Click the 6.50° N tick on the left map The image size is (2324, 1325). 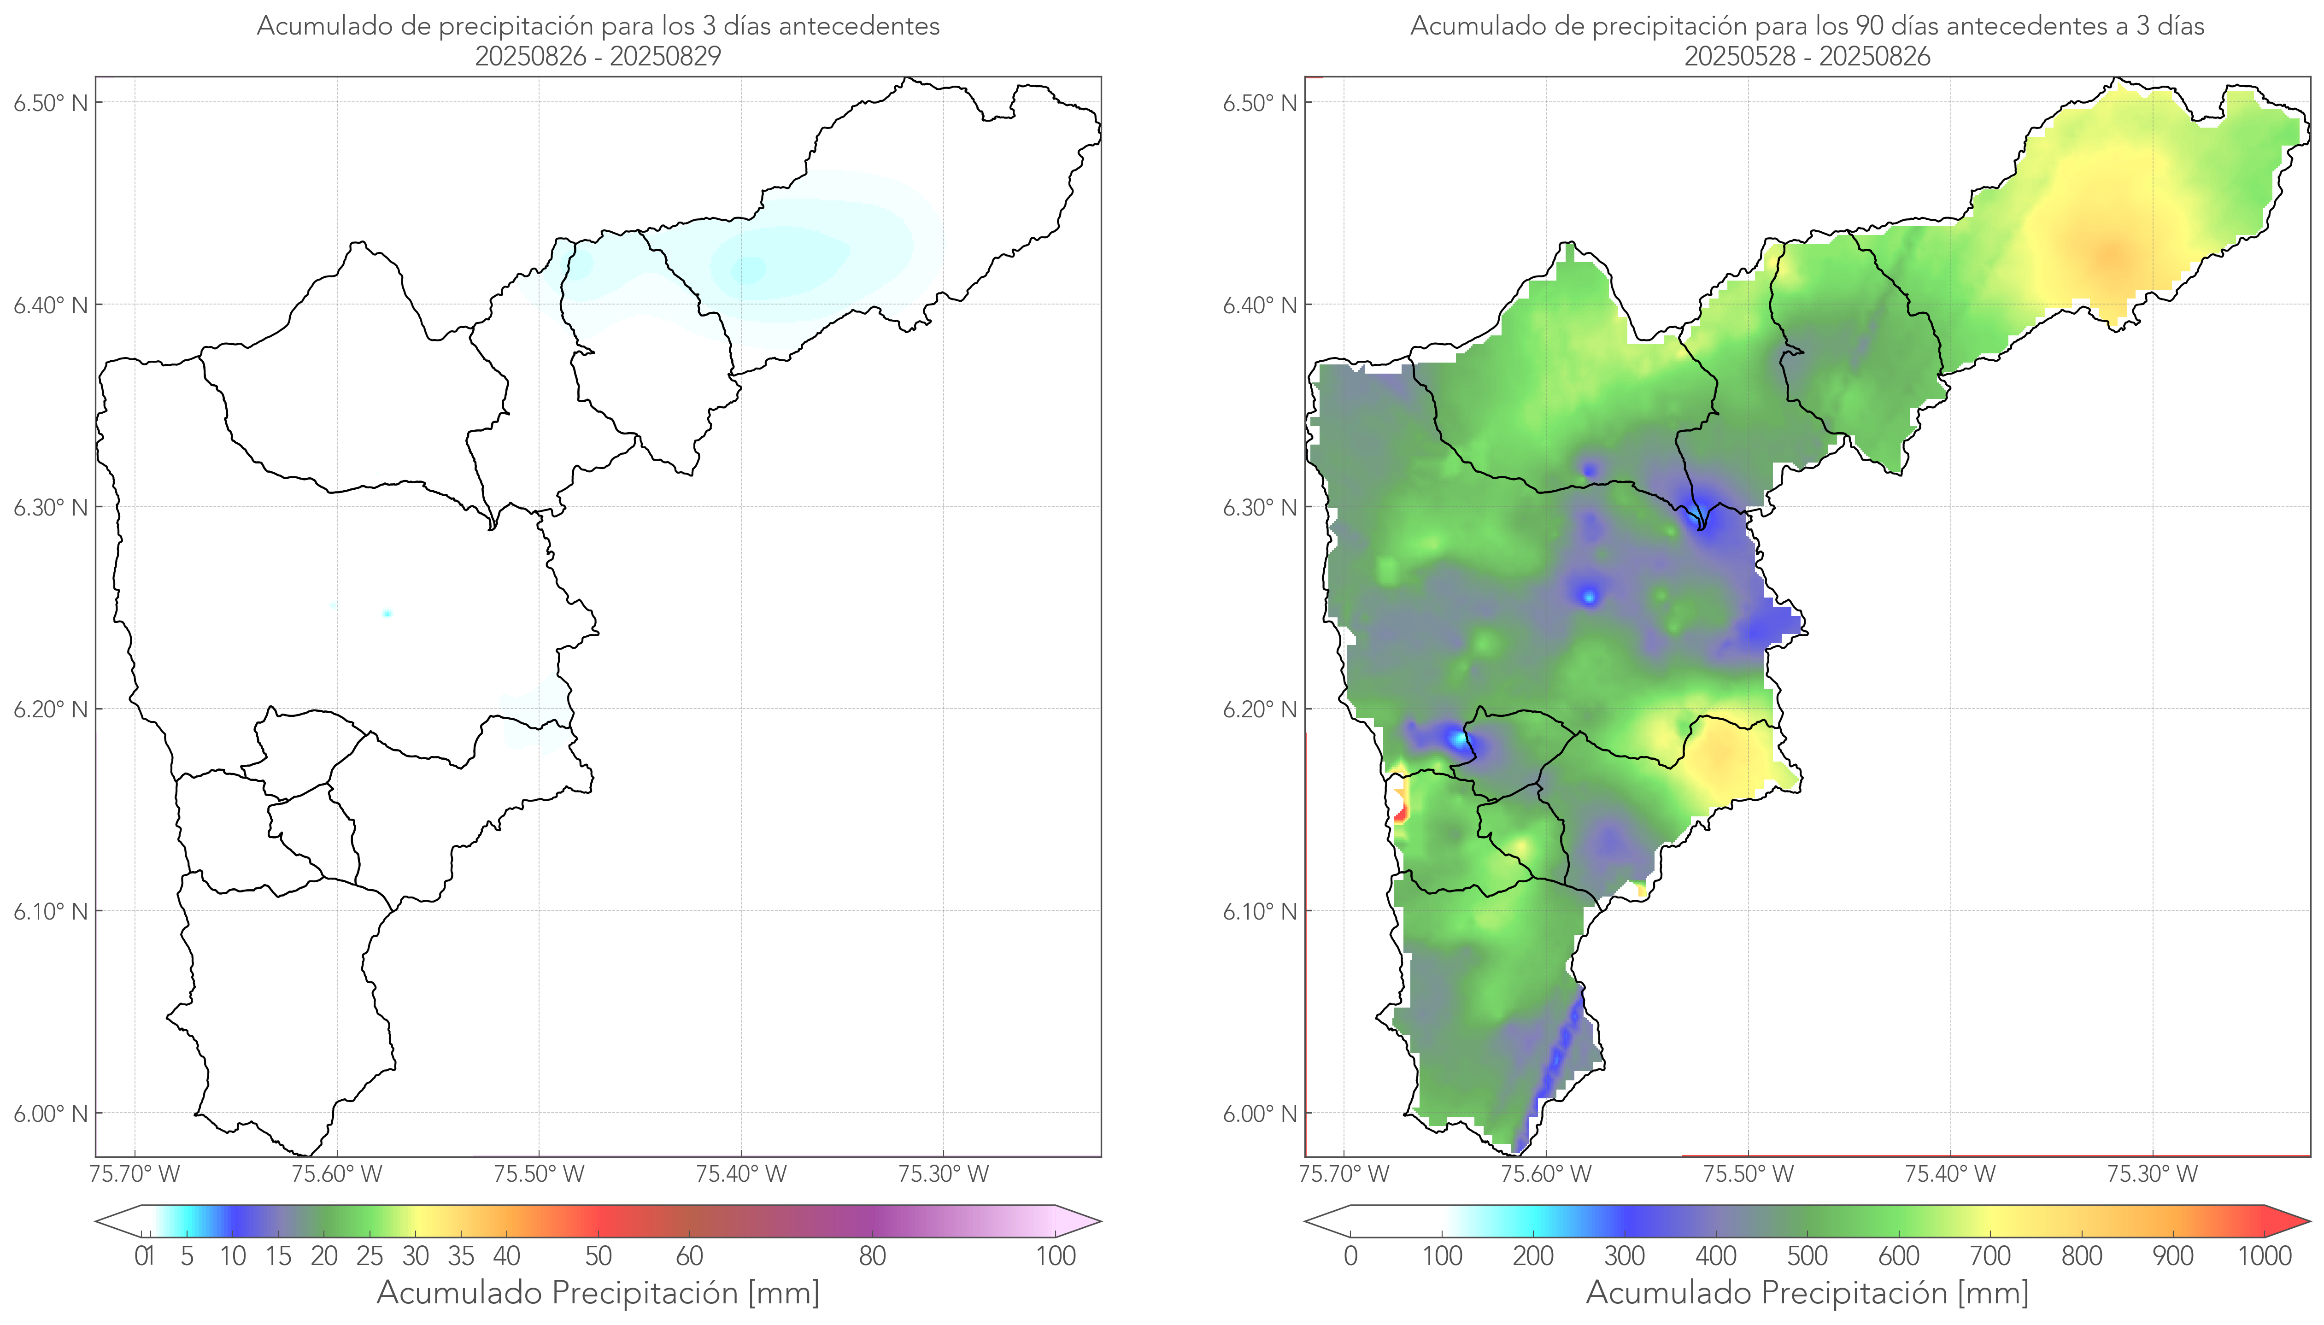(x=51, y=103)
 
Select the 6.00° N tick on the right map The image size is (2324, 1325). (x=1260, y=1114)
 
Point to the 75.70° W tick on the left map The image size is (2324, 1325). (x=135, y=1174)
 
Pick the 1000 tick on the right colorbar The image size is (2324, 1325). (x=2264, y=1256)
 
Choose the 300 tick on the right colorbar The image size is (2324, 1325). (x=1624, y=1256)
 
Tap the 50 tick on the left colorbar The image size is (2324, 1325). (x=598, y=1256)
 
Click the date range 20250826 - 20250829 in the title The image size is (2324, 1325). (x=598, y=56)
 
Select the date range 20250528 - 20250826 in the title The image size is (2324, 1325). (x=1807, y=56)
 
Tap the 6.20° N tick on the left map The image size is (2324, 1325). (x=51, y=709)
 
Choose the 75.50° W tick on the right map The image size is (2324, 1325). (x=1748, y=1174)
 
